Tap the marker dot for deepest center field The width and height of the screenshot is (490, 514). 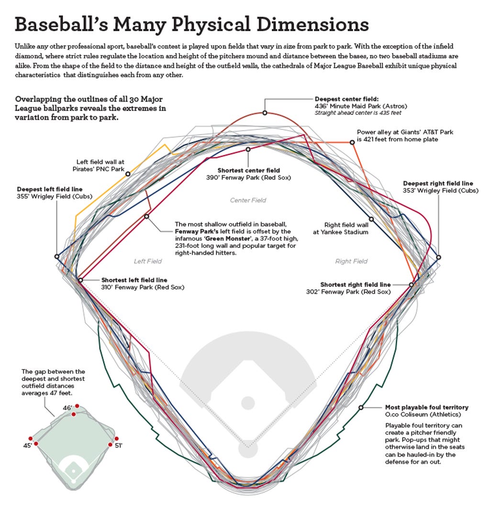(265, 113)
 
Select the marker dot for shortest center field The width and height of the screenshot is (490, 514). (248, 149)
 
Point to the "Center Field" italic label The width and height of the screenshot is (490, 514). (248, 201)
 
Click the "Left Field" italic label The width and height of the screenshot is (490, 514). (147, 261)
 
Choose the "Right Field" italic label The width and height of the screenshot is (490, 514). (351, 261)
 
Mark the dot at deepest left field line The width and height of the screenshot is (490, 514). (57, 256)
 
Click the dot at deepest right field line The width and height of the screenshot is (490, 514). (438, 257)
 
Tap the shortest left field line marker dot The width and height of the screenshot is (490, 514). (80, 280)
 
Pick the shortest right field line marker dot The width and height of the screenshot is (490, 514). (411, 285)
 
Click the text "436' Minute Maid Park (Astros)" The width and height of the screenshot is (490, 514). (355, 106)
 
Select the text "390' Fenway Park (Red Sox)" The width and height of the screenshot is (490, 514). (248, 178)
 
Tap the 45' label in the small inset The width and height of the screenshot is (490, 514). (28, 446)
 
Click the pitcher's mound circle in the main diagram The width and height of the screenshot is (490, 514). (247, 403)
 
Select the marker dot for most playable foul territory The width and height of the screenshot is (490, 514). (361, 407)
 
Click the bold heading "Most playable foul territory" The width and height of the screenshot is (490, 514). (426, 407)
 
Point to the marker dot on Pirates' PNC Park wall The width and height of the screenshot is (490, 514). (128, 174)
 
